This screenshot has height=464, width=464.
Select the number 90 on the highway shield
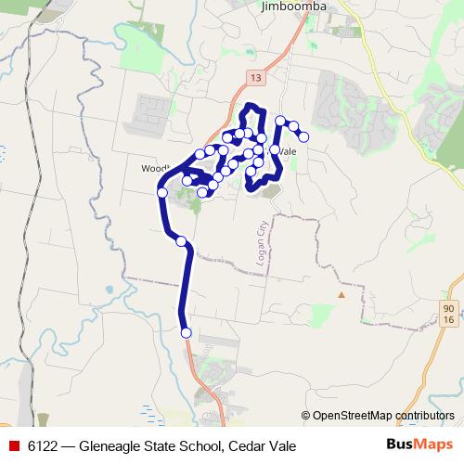click(x=448, y=306)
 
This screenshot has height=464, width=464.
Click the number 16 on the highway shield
click(x=448, y=318)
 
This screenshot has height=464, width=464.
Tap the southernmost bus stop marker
click(x=186, y=332)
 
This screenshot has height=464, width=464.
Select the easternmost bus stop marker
click(x=303, y=137)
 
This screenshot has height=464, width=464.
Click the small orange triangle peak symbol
click(x=341, y=295)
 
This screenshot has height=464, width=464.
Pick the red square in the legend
click(x=14, y=446)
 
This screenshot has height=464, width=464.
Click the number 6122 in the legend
click(x=44, y=446)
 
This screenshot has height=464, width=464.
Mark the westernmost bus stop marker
click(x=162, y=192)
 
